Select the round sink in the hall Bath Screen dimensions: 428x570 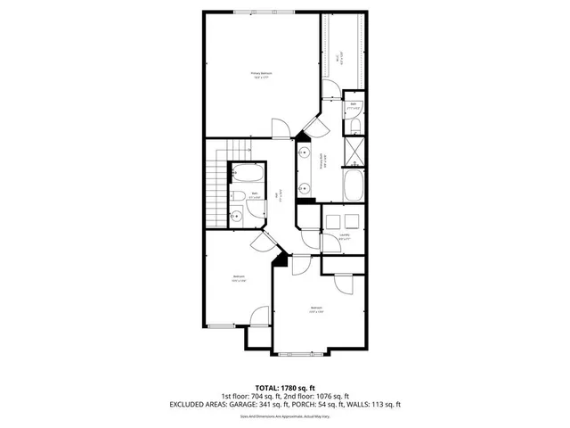pos(237,215)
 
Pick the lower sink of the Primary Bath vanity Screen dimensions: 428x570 pos(304,187)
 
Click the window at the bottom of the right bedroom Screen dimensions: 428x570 pos(301,354)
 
